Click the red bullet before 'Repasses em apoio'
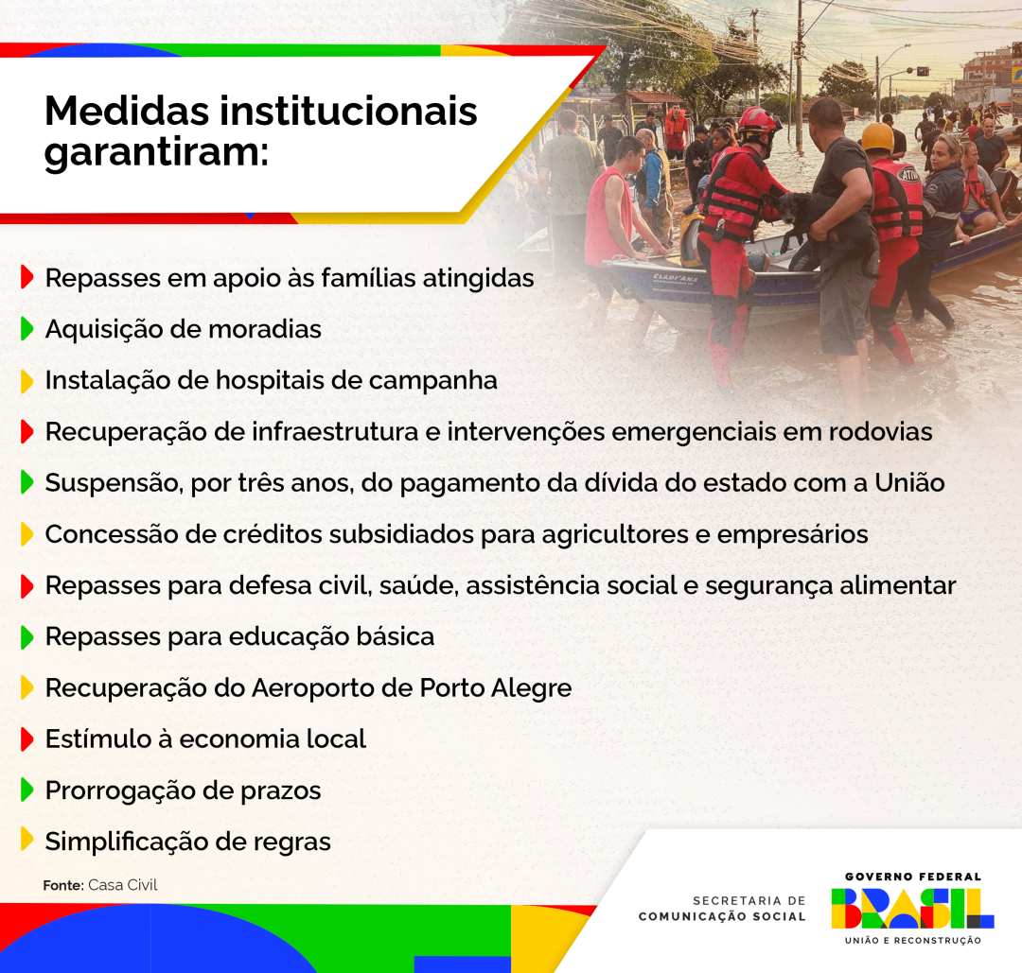[x=27, y=278]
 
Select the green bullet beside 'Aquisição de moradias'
[x=27, y=329]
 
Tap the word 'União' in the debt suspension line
[x=909, y=482]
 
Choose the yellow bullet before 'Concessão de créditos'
[x=27, y=534]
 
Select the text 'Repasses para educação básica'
[x=239, y=636]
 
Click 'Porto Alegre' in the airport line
[x=496, y=687]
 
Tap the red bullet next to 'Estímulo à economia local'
[x=27, y=738]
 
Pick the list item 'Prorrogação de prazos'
[x=183, y=791]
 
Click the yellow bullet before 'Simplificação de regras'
[x=27, y=841]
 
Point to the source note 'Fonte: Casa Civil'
[x=100, y=885]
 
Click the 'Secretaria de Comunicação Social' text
[x=722, y=909]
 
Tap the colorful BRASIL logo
[x=912, y=909]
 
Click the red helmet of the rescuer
[x=756, y=120]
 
